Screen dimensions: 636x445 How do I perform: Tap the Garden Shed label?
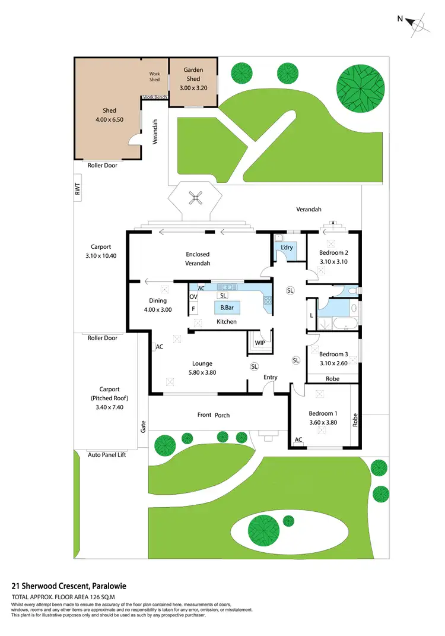[x=193, y=74]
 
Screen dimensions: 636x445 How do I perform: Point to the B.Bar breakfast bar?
[x=226, y=308]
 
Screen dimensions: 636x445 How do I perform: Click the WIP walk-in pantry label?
[x=259, y=343]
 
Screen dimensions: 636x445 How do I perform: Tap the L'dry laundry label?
[x=287, y=247]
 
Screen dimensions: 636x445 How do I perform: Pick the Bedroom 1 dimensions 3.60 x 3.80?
[x=323, y=422]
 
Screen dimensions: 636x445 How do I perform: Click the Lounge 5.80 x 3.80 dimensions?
[x=202, y=372]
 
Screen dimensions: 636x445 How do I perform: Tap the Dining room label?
[x=158, y=300]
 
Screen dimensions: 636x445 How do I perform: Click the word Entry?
[x=271, y=377]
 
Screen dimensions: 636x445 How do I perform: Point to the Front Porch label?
[x=214, y=414]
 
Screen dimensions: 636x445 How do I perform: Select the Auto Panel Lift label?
[x=107, y=454]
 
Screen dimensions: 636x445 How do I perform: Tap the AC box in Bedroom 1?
[x=298, y=440]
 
